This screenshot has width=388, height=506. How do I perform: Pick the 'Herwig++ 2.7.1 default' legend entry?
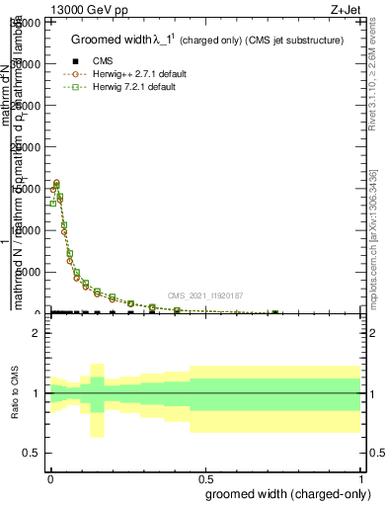pyautogui.click(x=138, y=74)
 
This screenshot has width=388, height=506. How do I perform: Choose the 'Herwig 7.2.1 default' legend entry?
pyautogui.click(x=134, y=87)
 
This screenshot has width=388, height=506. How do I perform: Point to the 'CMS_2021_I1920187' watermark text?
pyautogui.click(x=204, y=295)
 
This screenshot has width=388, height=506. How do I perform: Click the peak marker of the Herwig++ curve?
pyautogui.click(x=56, y=183)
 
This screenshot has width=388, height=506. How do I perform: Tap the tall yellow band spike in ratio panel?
pyautogui.click(x=97, y=400)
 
